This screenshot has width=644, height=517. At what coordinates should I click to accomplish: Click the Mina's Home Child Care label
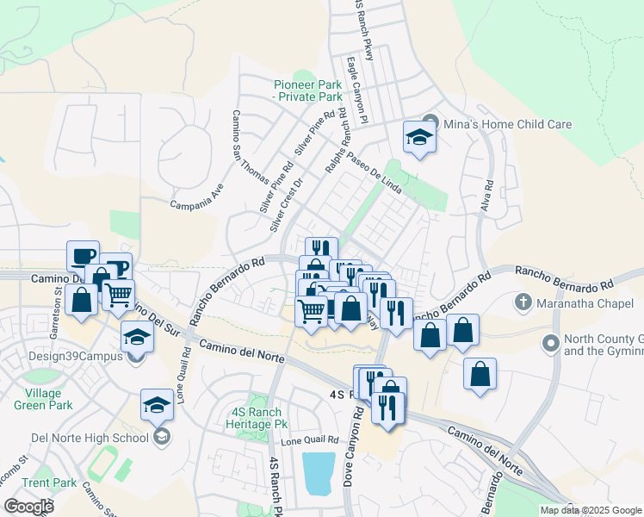[x=507, y=124]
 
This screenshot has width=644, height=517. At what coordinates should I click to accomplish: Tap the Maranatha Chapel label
[x=581, y=302]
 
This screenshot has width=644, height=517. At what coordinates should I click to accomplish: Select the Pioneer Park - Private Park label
[x=307, y=90]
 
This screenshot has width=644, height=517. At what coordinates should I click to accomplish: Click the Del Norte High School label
[x=90, y=438]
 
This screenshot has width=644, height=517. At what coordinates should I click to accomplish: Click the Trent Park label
[x=49, y=483]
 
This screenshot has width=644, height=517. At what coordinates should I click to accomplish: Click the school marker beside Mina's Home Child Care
[x=419, y=138]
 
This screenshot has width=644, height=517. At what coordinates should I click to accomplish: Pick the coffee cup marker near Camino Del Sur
[x=84, y=257]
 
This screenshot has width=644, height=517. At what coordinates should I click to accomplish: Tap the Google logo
[x=28, y=507]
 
